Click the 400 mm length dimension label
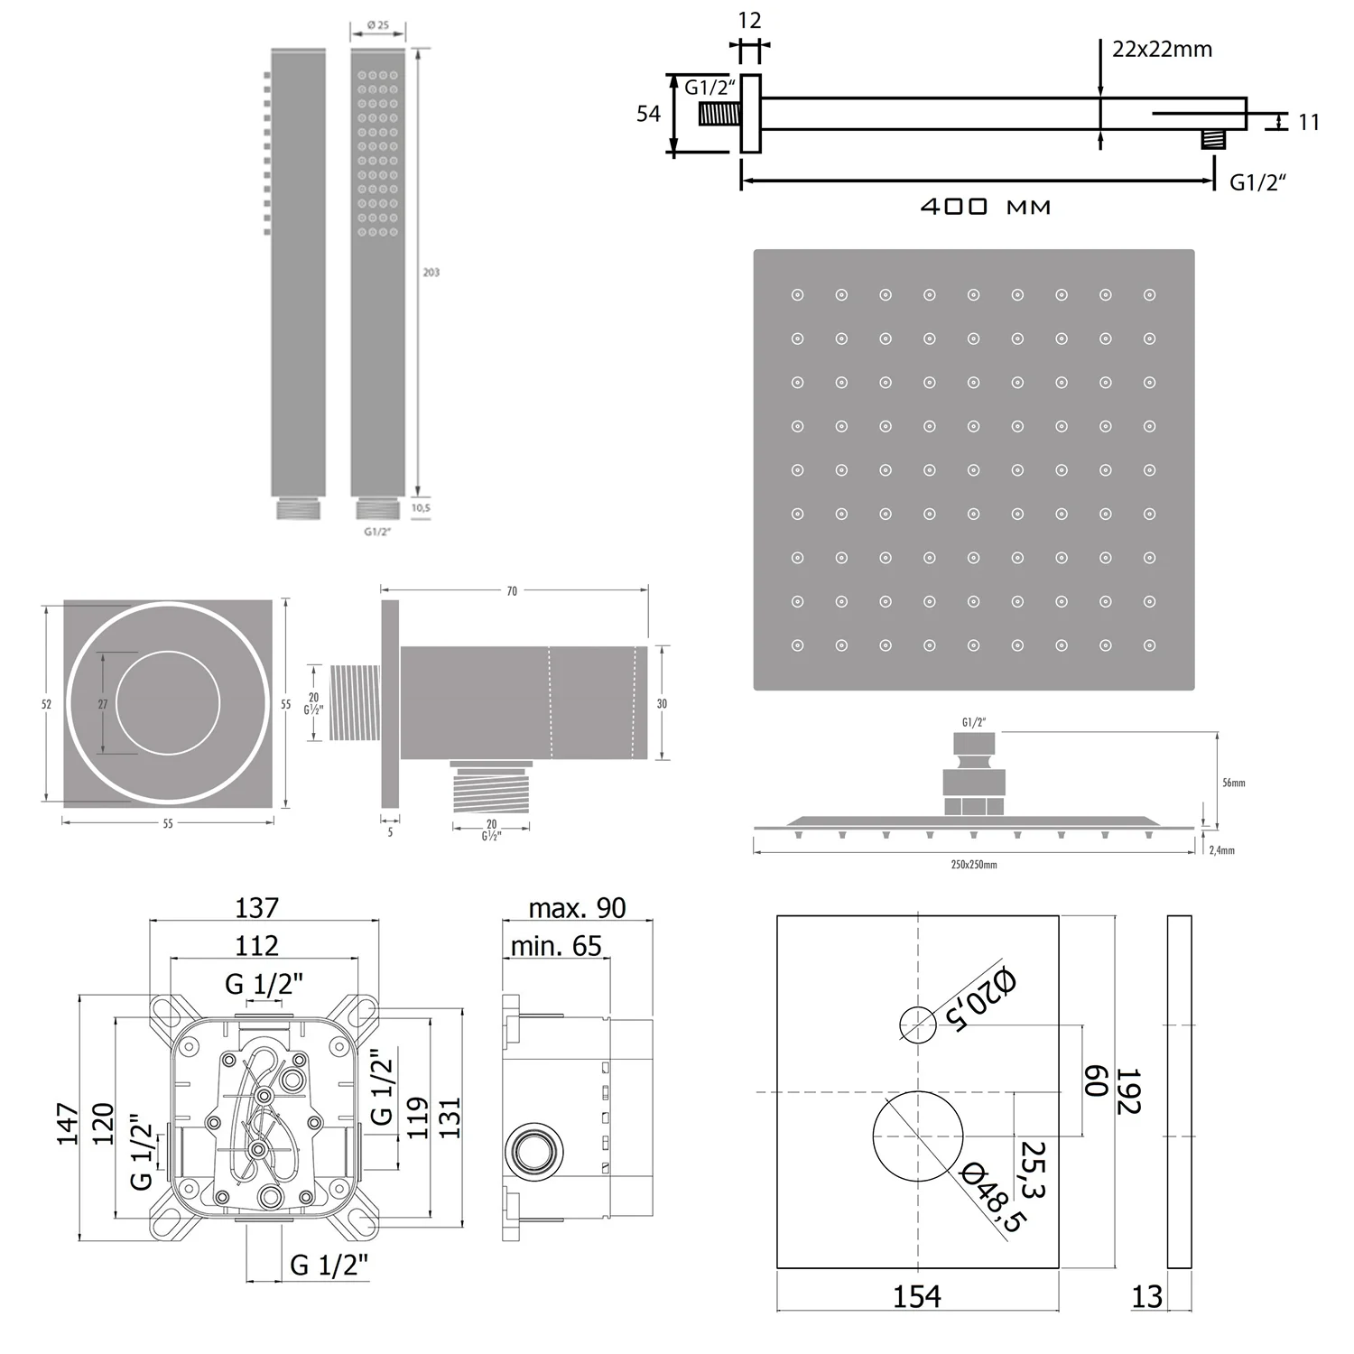(x=985, y=207)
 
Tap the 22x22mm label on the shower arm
(x=1162, y=50)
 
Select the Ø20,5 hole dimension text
(x=981, y=999)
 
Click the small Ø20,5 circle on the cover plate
(x=918, y=1024)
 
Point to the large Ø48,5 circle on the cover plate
(x=918, y=1136)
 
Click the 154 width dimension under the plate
(x=916, y=1296)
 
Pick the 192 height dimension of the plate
(x=1128, y=1092)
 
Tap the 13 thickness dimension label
(x=1146, y=1297)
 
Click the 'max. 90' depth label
(x=577, y=908)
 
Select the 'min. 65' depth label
(x=556, y=946)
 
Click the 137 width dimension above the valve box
(x=257, y=907)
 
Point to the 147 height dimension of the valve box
(x=69, y=1124)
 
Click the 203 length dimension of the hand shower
(x=431, y=272)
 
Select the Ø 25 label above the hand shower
(x=378, y=25)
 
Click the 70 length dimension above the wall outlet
(x=512, y=591)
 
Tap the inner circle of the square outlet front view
(x=168, y=702)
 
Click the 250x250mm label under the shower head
(x=974, y=865)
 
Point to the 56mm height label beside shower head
(x=1233, y=783)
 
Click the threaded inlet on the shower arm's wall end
(x=720, y=115)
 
